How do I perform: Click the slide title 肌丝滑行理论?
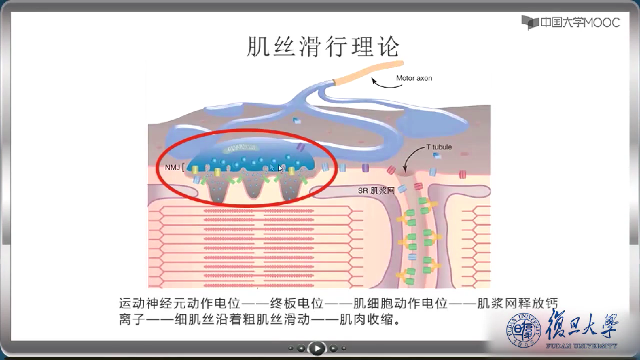(323, 46)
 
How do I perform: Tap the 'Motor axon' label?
(414, 78)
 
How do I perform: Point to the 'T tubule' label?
(439, 147)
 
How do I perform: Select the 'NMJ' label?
(171, 168)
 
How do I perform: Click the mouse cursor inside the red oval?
(281, 168)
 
